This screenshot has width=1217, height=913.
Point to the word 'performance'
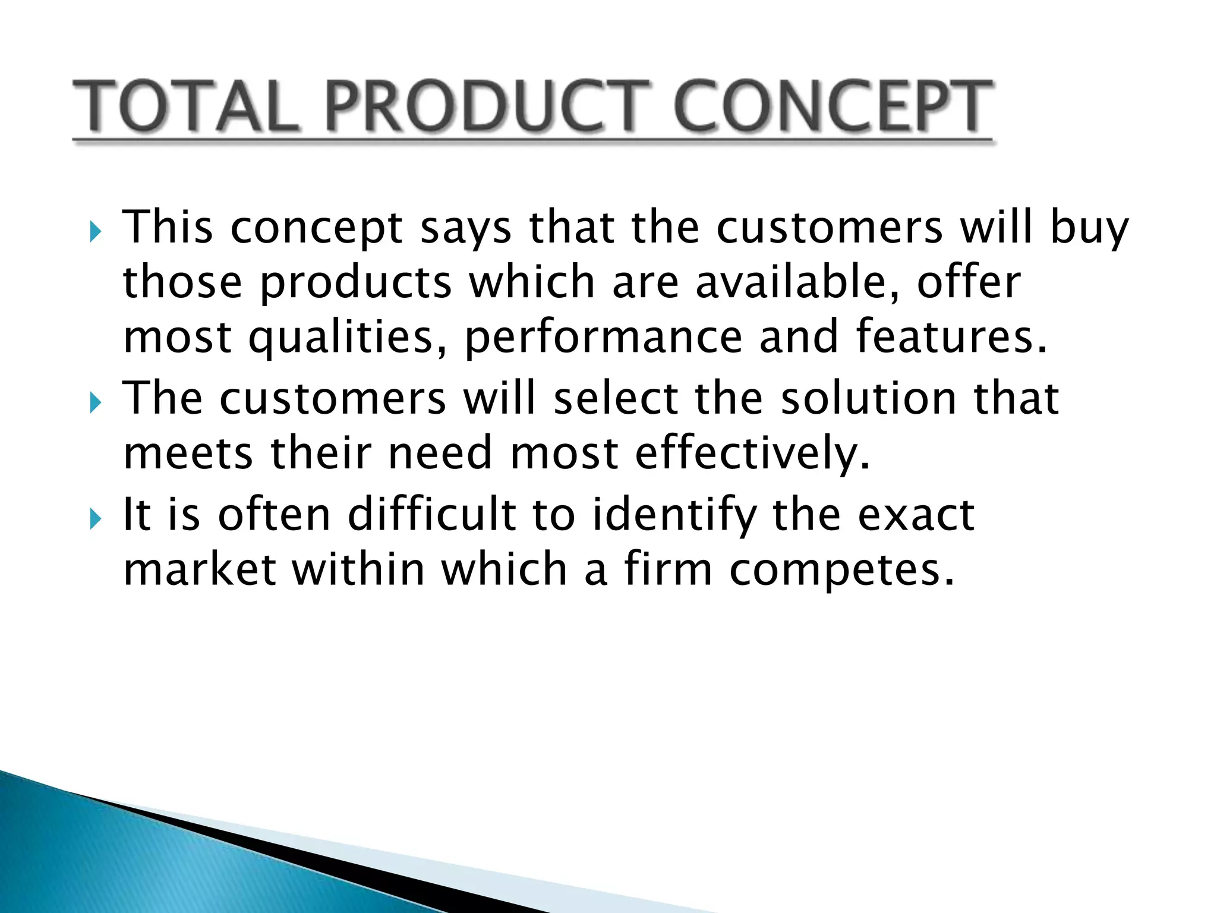603,338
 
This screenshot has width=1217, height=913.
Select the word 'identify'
674,515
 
